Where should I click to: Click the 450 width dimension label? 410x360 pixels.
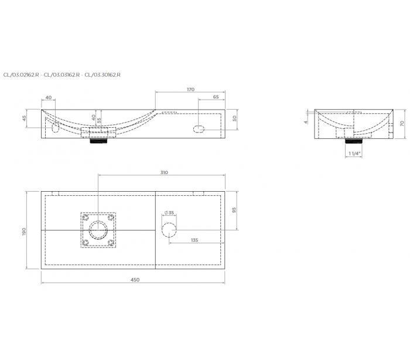(x=135, y=280)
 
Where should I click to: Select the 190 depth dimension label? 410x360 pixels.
(x=24, y=232)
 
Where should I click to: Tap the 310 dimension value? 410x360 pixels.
(x=164, y=172)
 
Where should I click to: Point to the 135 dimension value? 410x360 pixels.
(x=194, y=240)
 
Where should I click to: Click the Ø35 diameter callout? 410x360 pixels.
(x=169, y=213)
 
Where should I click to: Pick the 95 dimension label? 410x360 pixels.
(x=234, y=210)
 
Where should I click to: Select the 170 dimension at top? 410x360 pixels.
(x=190, y=89)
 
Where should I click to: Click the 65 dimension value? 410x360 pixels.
(x=216, y=97)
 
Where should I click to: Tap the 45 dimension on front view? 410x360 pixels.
(x=25, y=118)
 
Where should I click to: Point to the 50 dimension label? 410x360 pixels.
(x=234, y=118)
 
